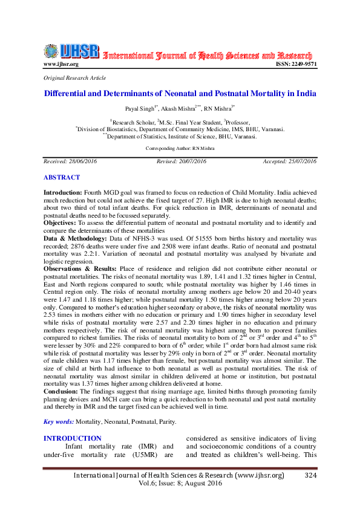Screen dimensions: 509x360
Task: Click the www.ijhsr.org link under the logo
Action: (61, 64)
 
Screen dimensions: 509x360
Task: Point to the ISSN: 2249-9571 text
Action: (296, 64)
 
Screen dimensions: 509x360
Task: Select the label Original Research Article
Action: (74, 78)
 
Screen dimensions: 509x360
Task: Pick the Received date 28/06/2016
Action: (62, 162)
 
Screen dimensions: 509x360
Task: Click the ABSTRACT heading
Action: (61, 178)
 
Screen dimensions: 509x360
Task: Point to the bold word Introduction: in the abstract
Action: (64, 192)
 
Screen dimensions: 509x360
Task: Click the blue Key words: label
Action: (59, 421)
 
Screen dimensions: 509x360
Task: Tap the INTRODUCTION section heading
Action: (73, 438)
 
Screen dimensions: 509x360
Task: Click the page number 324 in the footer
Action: (310, 476)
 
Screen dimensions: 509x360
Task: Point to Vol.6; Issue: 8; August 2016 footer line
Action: (180, 484)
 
